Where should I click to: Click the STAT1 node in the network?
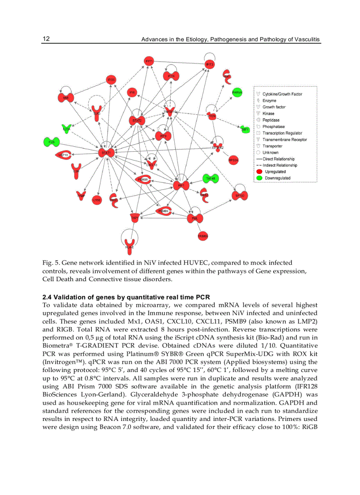[x=106, y=153]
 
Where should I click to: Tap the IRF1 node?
[x=181, y=186]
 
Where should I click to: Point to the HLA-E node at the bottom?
[x=130, y=245]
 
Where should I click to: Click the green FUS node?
[x=52, y=142]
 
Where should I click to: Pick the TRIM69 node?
[x=202, y=237]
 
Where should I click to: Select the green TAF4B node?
[x=210, y=179]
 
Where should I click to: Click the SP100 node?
[x=240, y=195]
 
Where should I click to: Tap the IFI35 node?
[x=111, y=80]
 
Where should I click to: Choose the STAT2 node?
[x=137, y=120]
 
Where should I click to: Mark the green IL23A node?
[x=66, y=129]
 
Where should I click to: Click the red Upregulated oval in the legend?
[x=259, y=172]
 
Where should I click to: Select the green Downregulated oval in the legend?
[x=259, y=178]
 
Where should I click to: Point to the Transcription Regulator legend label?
[x=282, y=133]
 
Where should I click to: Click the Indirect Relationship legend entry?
[x=280, y=165]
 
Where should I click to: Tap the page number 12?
[x=46, y=39]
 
